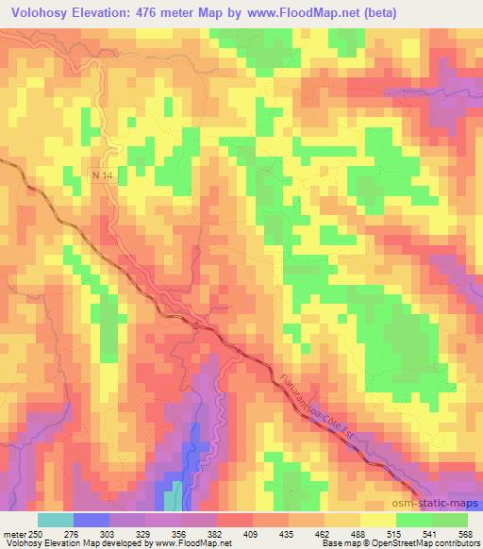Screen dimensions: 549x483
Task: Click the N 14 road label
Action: coord(102,175)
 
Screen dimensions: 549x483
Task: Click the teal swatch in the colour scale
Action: coord(56,520)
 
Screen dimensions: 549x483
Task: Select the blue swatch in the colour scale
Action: coord(92,520)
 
